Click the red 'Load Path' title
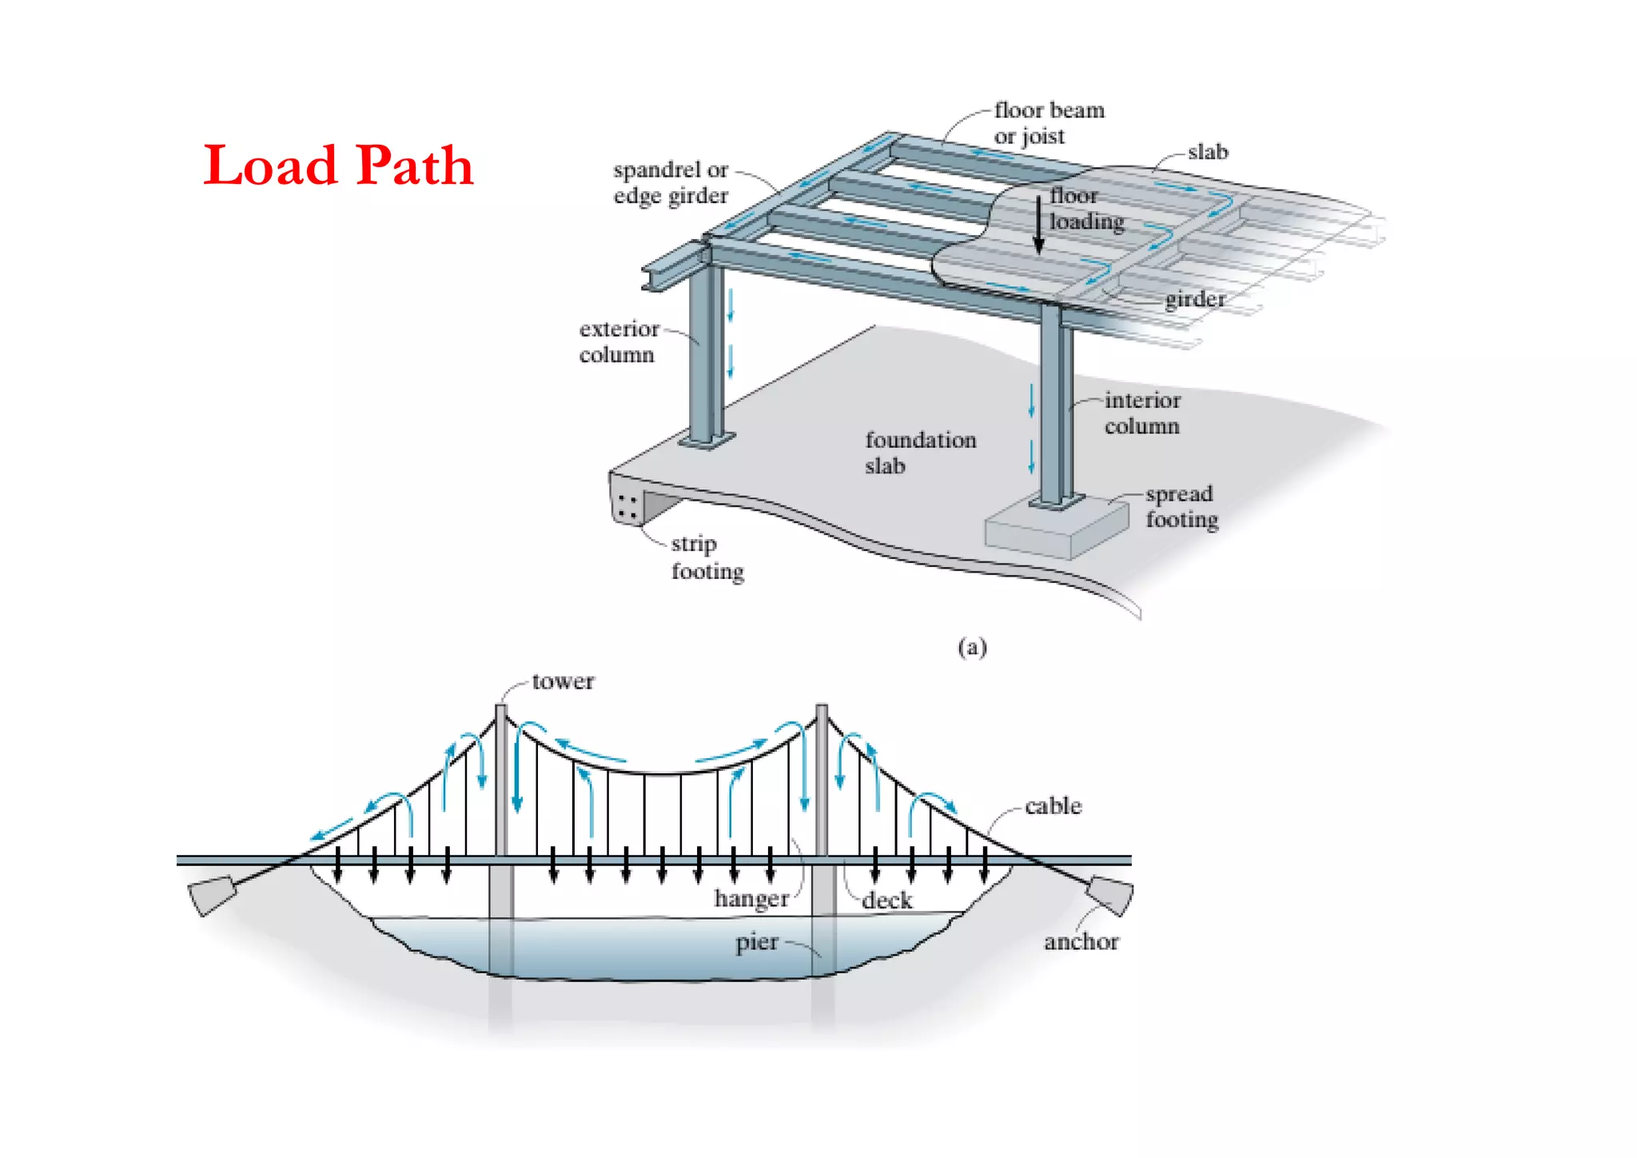click(x=338, y=166)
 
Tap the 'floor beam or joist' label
click(x=1048, y=123)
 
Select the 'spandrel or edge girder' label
click(x=671, y=182)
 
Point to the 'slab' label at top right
click(x=1207, y=152)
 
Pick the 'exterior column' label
click(x=619, y=341)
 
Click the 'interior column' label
click(x=1141, y=413)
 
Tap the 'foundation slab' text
click(x=920, y=453)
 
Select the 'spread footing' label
click(x=1181, y=506)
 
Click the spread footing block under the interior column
click(x=1055, y=529)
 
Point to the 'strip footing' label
click(x=707, y=557)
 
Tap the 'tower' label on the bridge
click(x=563, y=681)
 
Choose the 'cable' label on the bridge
click(x=1053, y=805)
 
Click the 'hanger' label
click(x=751, y=899)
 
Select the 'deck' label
click(x=886, y=900)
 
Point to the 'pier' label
click(x=756, y=942)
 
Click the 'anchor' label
click(x=1081, y=942)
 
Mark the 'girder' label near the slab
click(x=1194, y=299)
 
